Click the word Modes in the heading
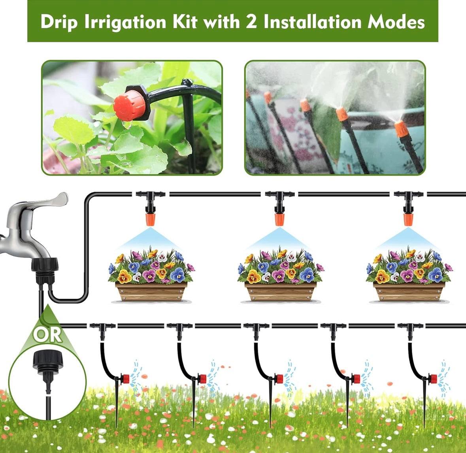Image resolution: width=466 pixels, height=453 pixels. point(396,22)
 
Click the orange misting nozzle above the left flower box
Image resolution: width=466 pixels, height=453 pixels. point(150,219)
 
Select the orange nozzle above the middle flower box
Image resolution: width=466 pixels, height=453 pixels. point(279,219)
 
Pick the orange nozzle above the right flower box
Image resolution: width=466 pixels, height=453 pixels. point(408,219)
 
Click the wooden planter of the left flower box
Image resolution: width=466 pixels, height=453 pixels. point(151,292)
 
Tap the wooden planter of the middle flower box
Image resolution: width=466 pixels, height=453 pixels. point(280,292)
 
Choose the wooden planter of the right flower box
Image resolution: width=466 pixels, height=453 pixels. point(409,292)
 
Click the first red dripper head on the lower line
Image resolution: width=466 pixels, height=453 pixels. point(126,379)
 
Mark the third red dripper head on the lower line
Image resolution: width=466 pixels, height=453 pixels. point(279,379)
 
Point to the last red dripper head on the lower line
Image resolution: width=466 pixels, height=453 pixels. point(434,379)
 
